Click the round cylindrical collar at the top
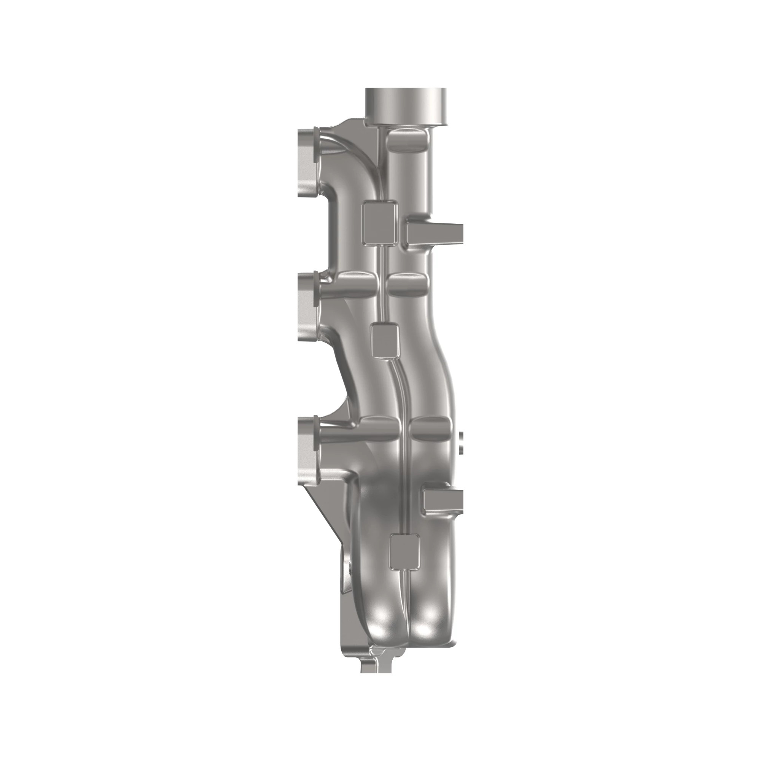point(406,107)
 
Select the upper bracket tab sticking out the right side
point(433,233)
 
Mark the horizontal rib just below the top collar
point(407,140)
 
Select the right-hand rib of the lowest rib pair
point(429,428)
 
